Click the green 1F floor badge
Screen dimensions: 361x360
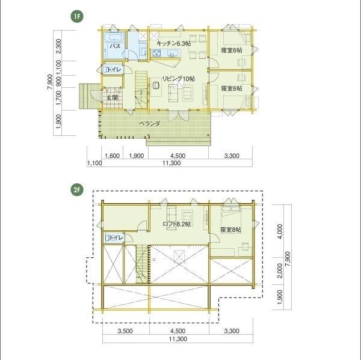[77, 17]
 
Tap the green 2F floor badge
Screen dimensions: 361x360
[77, 191]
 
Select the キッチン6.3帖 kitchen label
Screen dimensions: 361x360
[174, 43]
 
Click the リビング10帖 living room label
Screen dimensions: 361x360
[179, 79]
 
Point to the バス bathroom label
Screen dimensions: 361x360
[115, 46]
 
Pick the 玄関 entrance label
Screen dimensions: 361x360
[112, 98]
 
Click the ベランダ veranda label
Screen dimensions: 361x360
[150, 124]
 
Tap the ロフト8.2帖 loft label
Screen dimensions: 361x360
[176, 224]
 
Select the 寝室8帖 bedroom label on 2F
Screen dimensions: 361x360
[230, 230]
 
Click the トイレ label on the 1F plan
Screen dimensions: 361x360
[114, 70]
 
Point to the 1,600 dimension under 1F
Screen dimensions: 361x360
[112, 156]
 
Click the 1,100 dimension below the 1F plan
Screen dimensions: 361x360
[94, 163]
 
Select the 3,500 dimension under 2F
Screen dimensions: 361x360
[125, 331]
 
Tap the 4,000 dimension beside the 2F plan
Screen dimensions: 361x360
[280, 231]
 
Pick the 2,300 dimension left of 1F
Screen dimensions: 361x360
[59, 46]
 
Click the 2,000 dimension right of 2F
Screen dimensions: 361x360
[280, 270]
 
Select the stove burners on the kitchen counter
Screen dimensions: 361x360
[157, 53]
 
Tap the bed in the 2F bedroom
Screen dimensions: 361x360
[232, 212]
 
